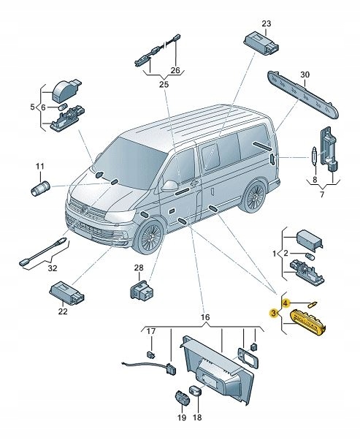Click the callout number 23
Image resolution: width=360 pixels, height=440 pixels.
(266, 23)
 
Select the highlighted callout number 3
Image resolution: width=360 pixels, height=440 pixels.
(273, 314)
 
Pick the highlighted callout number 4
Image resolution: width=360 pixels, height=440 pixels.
(286, 302)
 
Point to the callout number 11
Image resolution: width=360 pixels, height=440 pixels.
(40, 167)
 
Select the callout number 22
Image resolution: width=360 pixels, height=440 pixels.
(62, 312)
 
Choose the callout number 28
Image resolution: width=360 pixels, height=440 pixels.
(139, 268)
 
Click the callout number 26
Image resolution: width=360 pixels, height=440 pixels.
(174, 70)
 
